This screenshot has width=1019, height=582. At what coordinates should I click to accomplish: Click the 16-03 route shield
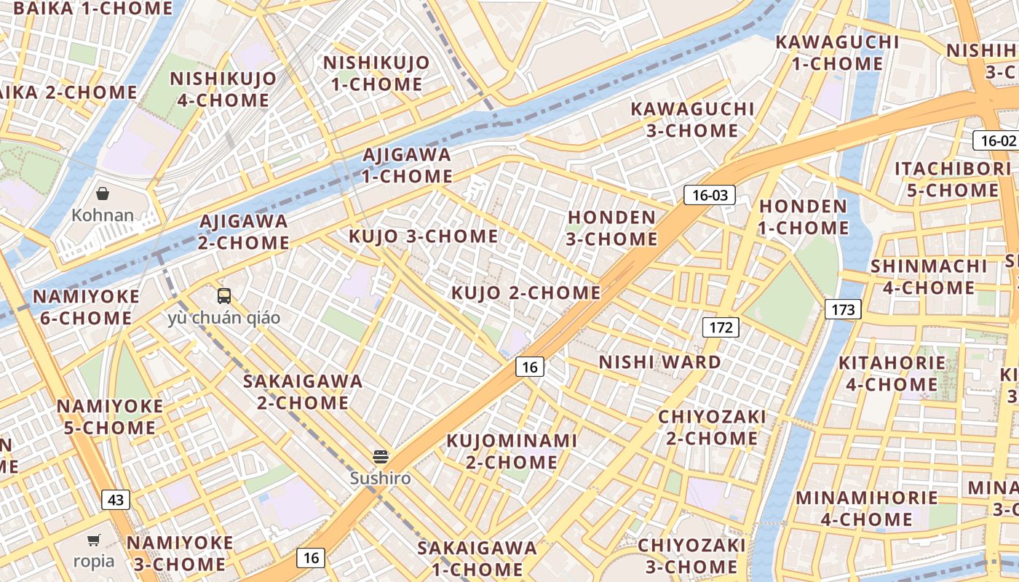pyautogui.click(x=709, y=195)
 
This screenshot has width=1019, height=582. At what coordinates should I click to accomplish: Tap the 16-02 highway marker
pyautogui.click(x=995, y=140)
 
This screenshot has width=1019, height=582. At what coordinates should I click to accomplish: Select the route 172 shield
pyautogui.click(x=721, y=327)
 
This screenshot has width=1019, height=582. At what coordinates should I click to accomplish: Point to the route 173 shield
pyautogui.click(x=843, y=309)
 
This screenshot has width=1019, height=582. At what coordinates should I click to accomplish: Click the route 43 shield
pyautogui.click(x=116, y=500)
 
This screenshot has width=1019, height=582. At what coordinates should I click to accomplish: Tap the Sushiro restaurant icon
pyautogui.click(x=381, y=457)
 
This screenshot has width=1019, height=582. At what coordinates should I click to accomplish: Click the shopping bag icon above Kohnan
pyautogui.click(x=103, y=194)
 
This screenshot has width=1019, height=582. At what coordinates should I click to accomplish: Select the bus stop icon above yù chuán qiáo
pyautogui.click(x=224, y=296)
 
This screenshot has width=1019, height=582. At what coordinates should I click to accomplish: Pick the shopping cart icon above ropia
pyautogui.click(x=94, y=540)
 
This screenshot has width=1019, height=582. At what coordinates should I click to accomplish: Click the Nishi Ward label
pyautogui.click(x=659, y=362)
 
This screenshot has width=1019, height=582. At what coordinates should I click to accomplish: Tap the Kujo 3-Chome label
pyautogui.click(x=423, y=236)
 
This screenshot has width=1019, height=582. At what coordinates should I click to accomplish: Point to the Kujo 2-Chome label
pyautogui.click(x=526, y=293)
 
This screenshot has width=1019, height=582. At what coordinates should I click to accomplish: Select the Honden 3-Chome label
pyautogui.click(x=612, y=228)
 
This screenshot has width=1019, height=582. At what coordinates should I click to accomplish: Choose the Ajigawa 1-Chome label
pyautogui.click(x=407, y=166)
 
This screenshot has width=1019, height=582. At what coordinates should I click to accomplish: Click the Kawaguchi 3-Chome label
pyautogui.click(x=692, y=120)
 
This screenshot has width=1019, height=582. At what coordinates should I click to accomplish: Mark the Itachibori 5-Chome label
pyautogui.click(x=947, y=180)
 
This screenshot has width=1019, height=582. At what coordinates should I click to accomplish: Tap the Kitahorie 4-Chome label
pyautogui.click(x=892, y=373)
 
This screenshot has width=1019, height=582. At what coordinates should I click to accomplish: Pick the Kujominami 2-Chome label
pyautogui.click(x=512, y=451)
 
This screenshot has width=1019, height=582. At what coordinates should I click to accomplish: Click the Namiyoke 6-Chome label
pyautogui.click(x=86, y=307)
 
